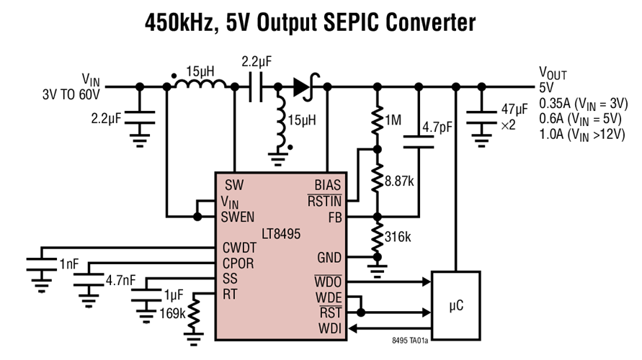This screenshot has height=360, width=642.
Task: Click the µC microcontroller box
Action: pos(455,305)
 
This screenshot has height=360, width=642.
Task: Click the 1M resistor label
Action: pos(393,120)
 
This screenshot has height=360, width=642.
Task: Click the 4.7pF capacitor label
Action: pos(437,127)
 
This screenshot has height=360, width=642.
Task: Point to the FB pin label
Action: pos(334,215)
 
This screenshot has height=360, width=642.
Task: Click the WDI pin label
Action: pos(331,329)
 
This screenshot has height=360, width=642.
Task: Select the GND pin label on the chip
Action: pos(329,258)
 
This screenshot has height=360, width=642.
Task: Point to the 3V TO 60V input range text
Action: pos(71,94)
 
